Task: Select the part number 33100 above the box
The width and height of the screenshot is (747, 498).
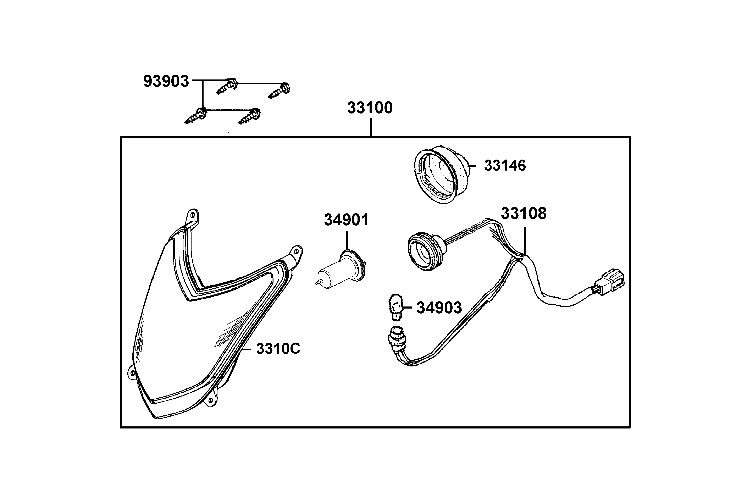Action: coord(370,108)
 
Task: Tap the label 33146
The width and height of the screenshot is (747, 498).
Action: coord(505,165)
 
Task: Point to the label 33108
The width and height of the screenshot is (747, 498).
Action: coord(524,214)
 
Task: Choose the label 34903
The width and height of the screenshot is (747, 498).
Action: coord(439,308)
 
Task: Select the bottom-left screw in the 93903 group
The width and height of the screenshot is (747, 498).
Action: coord(196,116)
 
